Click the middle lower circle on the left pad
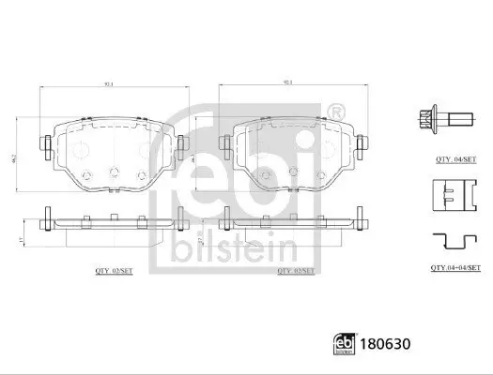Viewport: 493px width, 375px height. pyautogui.click(x=113, y=172)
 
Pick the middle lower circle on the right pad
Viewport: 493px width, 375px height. pyautogui.click(x=298, y=172)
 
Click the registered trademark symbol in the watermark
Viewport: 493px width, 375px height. pyautogui.click(x=339, y=112)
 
